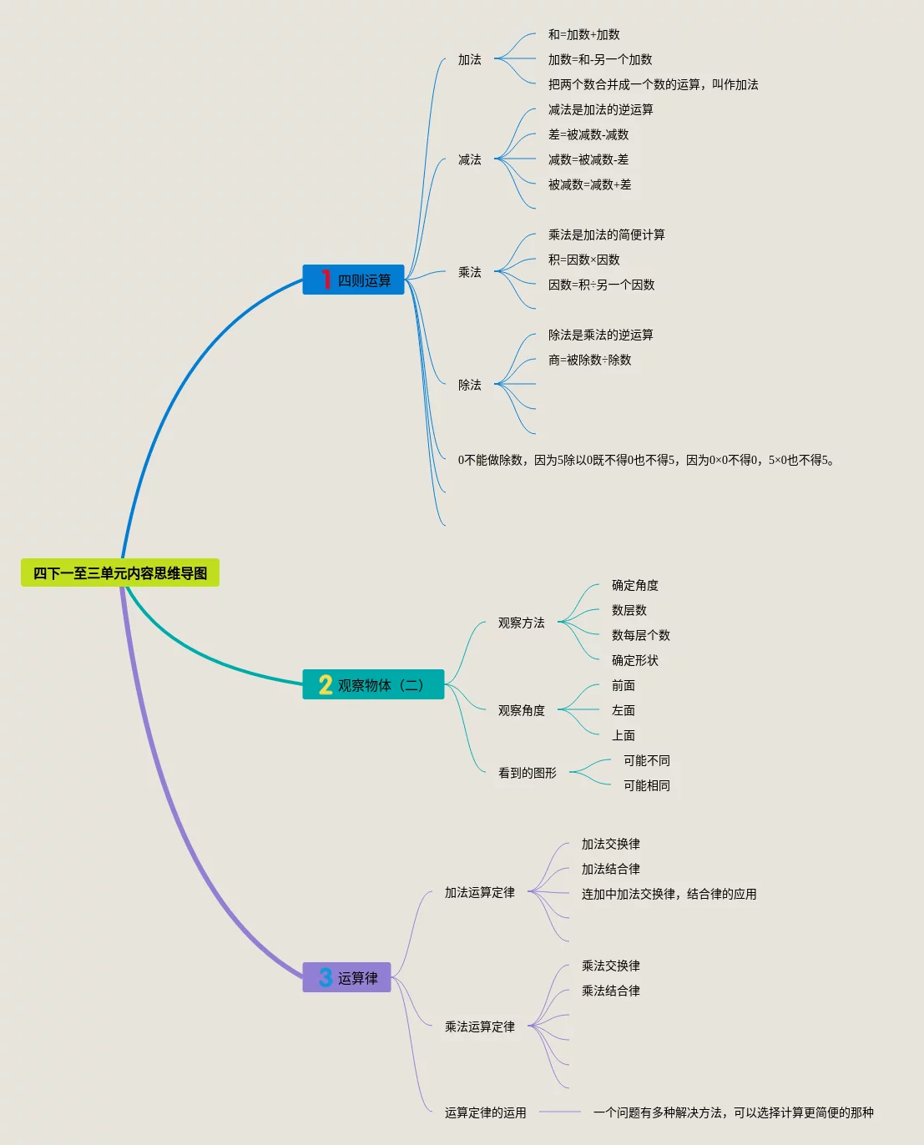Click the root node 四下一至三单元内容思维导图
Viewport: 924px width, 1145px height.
(120, 573)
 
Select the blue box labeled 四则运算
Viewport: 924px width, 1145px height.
(354, 280)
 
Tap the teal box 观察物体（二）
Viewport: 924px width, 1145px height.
(373, 685)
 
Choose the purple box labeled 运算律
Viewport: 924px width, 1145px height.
(347, 978)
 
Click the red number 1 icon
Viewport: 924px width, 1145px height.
(326, 280)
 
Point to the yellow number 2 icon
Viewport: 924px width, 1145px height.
(326, 685)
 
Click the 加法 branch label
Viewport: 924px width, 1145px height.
(470, 60)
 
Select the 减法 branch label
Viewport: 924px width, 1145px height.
(470, 160)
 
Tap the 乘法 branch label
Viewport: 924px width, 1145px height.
(470, 273)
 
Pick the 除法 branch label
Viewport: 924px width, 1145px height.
(470, 386)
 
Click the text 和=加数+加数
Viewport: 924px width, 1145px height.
(583, 35)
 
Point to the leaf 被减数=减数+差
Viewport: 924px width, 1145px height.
(589, 185)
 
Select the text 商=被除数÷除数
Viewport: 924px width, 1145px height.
(589, 361)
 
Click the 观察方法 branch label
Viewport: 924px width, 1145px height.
(521, 623)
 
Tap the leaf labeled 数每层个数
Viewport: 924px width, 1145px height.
(640, 636)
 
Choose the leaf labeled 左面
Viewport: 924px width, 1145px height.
(623, 711)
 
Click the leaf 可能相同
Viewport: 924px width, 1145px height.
(646, 786)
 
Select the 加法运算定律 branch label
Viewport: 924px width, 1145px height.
(479, 893)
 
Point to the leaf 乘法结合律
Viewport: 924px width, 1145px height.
(610, 991)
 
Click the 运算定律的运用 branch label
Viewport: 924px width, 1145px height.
(485, 1113)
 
